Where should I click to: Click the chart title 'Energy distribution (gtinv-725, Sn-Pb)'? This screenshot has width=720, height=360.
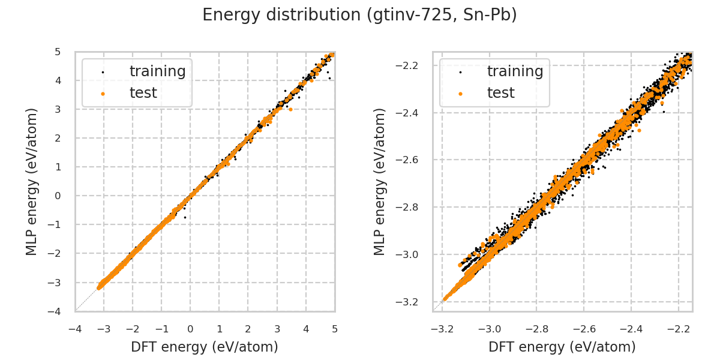[359, 15]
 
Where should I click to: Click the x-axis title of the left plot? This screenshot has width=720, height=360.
[205, 347]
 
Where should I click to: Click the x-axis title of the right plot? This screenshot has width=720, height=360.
[562, 347]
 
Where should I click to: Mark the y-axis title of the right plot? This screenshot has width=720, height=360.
[380, 181]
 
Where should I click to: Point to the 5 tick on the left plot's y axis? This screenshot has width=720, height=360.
[58, 52]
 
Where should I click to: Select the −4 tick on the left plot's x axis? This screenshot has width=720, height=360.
[75, 329]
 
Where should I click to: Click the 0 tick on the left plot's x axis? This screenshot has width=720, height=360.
[190, 329]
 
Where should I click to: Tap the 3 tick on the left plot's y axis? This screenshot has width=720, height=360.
[58, 109]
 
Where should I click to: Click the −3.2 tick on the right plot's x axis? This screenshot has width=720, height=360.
[443, 329]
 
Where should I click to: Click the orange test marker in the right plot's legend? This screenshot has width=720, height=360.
[460, 94]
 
